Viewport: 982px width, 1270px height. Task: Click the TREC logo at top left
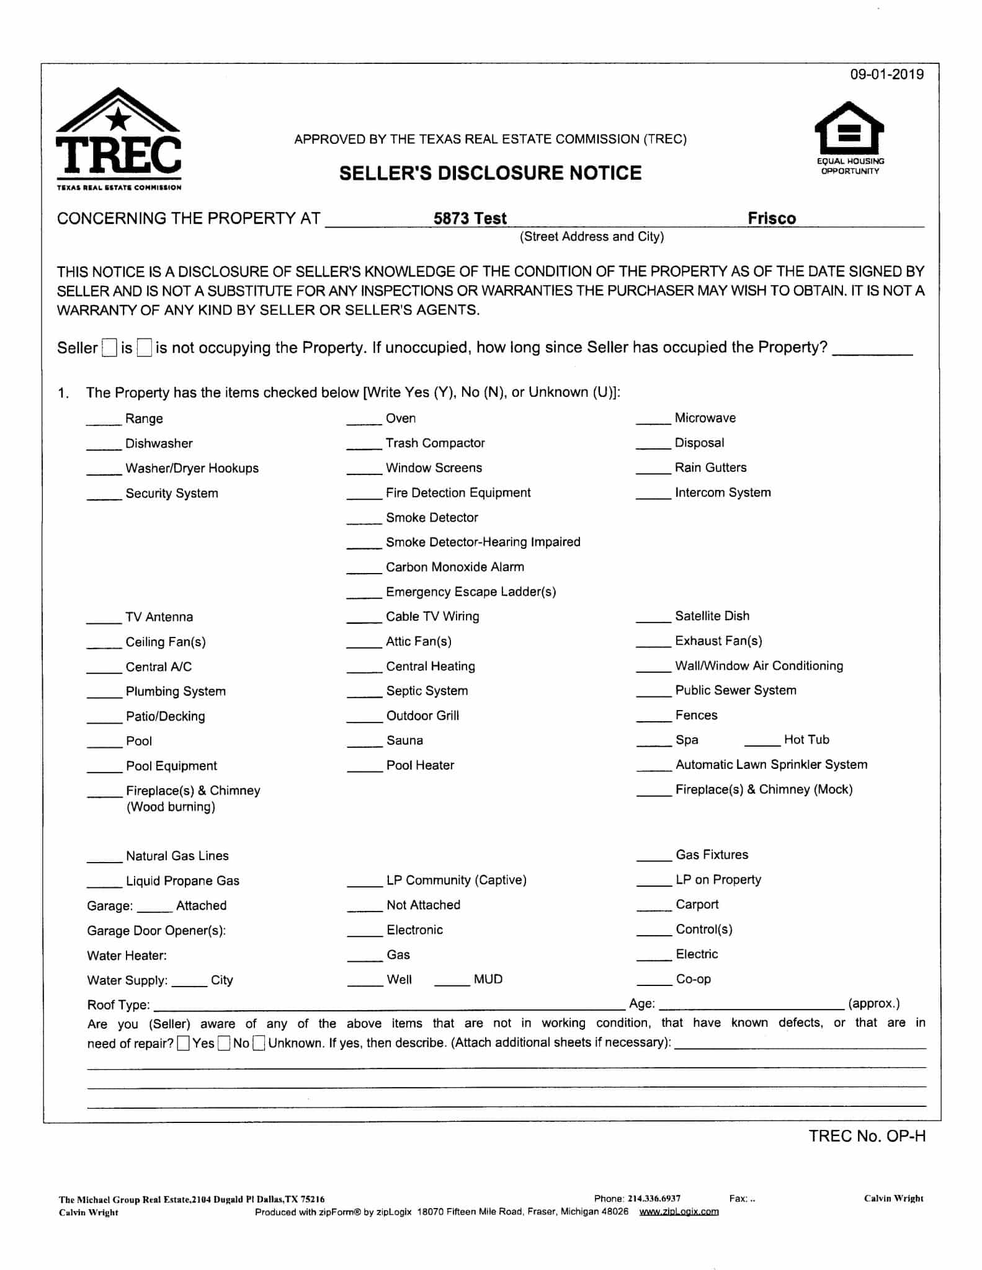(x=118, y=139)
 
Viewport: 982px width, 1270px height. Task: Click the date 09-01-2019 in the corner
(x=886, y=74)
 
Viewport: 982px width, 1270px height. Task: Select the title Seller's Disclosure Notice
(x=490, y=173)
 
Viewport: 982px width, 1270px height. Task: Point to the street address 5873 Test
(x=470, y=218)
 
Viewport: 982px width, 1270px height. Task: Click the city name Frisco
(x=771, y=218)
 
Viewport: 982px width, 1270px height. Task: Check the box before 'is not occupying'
(x=145, y=348)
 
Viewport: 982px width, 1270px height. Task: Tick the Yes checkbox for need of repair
(x=183, y=1044)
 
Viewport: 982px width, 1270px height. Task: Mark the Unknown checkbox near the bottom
(x=259, y=1044)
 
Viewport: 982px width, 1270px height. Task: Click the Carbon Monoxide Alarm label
(x=455, y=567)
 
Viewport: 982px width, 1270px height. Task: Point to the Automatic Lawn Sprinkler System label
(x=771, y=765)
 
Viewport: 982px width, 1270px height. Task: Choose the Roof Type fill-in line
(x=389, y=1005)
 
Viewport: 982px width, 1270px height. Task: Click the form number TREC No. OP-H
(x=867, y=1136)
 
